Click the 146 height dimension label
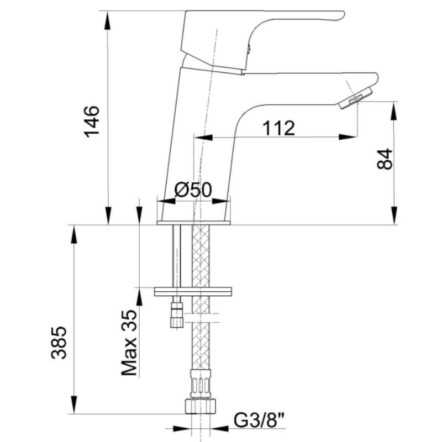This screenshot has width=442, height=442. click(x=92, y=122)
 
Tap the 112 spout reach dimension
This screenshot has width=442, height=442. click(x=279, y=128)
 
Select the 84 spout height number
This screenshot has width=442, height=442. click(x=385, y=159)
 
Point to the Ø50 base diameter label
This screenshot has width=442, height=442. click(x=193, y=190)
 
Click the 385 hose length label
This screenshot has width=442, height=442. click(x=59, y=343)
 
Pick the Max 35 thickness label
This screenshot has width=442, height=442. click(x=129, y=343)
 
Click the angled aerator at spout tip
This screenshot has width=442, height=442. click(x=356, y=98)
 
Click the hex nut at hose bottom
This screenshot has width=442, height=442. click(x=201, y=406)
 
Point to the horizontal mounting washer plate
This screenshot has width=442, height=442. click(x=193, y=292)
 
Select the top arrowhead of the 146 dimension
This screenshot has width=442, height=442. click(x=107, y=20)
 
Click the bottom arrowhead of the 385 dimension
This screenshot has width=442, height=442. click(x=74, y=405)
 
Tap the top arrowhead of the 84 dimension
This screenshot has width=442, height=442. click(x=394, y=111)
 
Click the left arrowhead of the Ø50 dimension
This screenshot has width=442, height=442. click(x=166, y=201)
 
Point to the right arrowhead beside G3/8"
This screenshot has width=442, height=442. click(x=219, y=429)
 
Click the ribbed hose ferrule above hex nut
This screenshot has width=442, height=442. click(x=201, y=383)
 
